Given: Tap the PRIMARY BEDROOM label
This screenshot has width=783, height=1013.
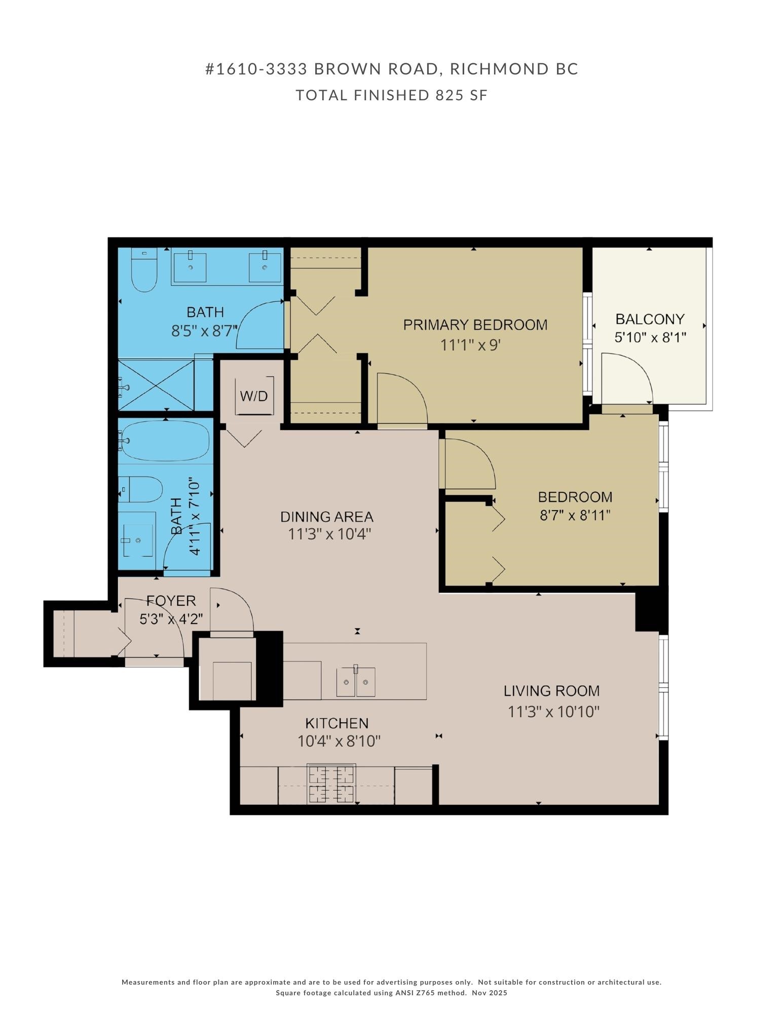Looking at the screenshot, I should click(x=475, y=325).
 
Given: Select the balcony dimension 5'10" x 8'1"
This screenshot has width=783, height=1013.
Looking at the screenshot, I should click(x=650, y=337).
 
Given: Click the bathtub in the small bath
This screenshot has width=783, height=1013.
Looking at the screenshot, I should click(x=165, y=440).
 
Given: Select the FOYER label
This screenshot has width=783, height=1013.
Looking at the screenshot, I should click(x=171, y=601).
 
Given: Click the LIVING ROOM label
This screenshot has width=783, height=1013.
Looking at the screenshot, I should click(x=551, y=691).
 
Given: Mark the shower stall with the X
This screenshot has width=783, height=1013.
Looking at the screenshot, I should click(x=156, y=385).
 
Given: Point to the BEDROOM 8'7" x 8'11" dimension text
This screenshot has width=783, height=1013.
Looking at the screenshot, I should click(x=575, y=516).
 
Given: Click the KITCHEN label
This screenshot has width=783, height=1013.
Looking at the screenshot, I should click(x=337, y=723).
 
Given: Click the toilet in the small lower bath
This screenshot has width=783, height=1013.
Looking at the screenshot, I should click(x=143, y=489).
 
